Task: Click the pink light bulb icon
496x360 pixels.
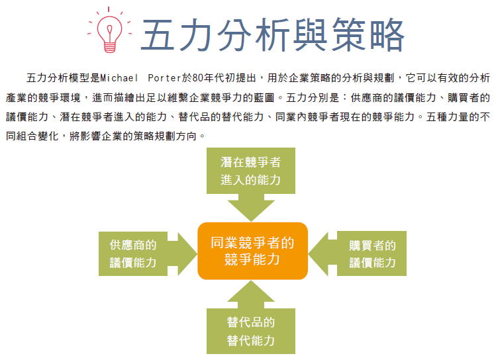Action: pos(109,30)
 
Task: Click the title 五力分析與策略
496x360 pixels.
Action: pos(273,35)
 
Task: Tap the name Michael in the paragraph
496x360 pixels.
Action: pos(119,77)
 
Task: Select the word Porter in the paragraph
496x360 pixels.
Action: pos(165,77)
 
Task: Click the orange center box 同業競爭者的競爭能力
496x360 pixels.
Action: pos(252,251)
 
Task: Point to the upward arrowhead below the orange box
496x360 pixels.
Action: pos(251,291)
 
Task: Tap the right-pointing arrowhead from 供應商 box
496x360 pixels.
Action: pos(187,254)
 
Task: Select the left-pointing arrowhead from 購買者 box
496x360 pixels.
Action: pos(319,253)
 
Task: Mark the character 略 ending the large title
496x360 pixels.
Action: pos(387,35)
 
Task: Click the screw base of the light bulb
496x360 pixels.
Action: pos(109,48)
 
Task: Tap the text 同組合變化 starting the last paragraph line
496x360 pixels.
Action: pos(32,136)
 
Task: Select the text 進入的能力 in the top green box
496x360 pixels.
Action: pos(250,180)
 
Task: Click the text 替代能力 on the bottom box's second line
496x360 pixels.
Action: pos(250,340)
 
